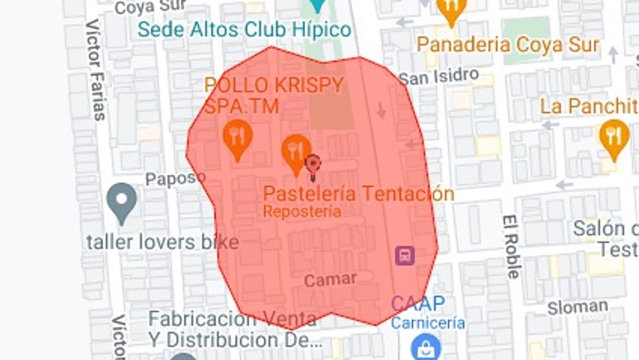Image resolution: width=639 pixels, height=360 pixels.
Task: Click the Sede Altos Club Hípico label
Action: tap(244, 29)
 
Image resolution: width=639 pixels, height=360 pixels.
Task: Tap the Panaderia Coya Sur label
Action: tap(507, 45)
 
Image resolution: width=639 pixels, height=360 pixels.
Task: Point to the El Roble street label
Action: tap(511, 247)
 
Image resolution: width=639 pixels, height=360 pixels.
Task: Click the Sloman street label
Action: tap(578, 307)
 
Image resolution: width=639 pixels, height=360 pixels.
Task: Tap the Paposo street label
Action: tap(175, 178)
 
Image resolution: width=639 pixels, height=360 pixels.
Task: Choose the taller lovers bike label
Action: tap(162, 242)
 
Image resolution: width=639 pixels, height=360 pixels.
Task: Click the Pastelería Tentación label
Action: tap(358, 193)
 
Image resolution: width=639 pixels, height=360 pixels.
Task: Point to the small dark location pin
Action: tap(313, 165)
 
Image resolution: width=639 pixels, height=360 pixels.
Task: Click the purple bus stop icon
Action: tap(405, 256)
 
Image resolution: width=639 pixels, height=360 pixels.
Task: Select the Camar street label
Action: tap(330, 279)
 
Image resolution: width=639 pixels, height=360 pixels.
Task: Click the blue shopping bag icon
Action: tap(426, 347)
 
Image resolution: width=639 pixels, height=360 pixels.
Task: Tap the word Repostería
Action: tap(302, 211)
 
